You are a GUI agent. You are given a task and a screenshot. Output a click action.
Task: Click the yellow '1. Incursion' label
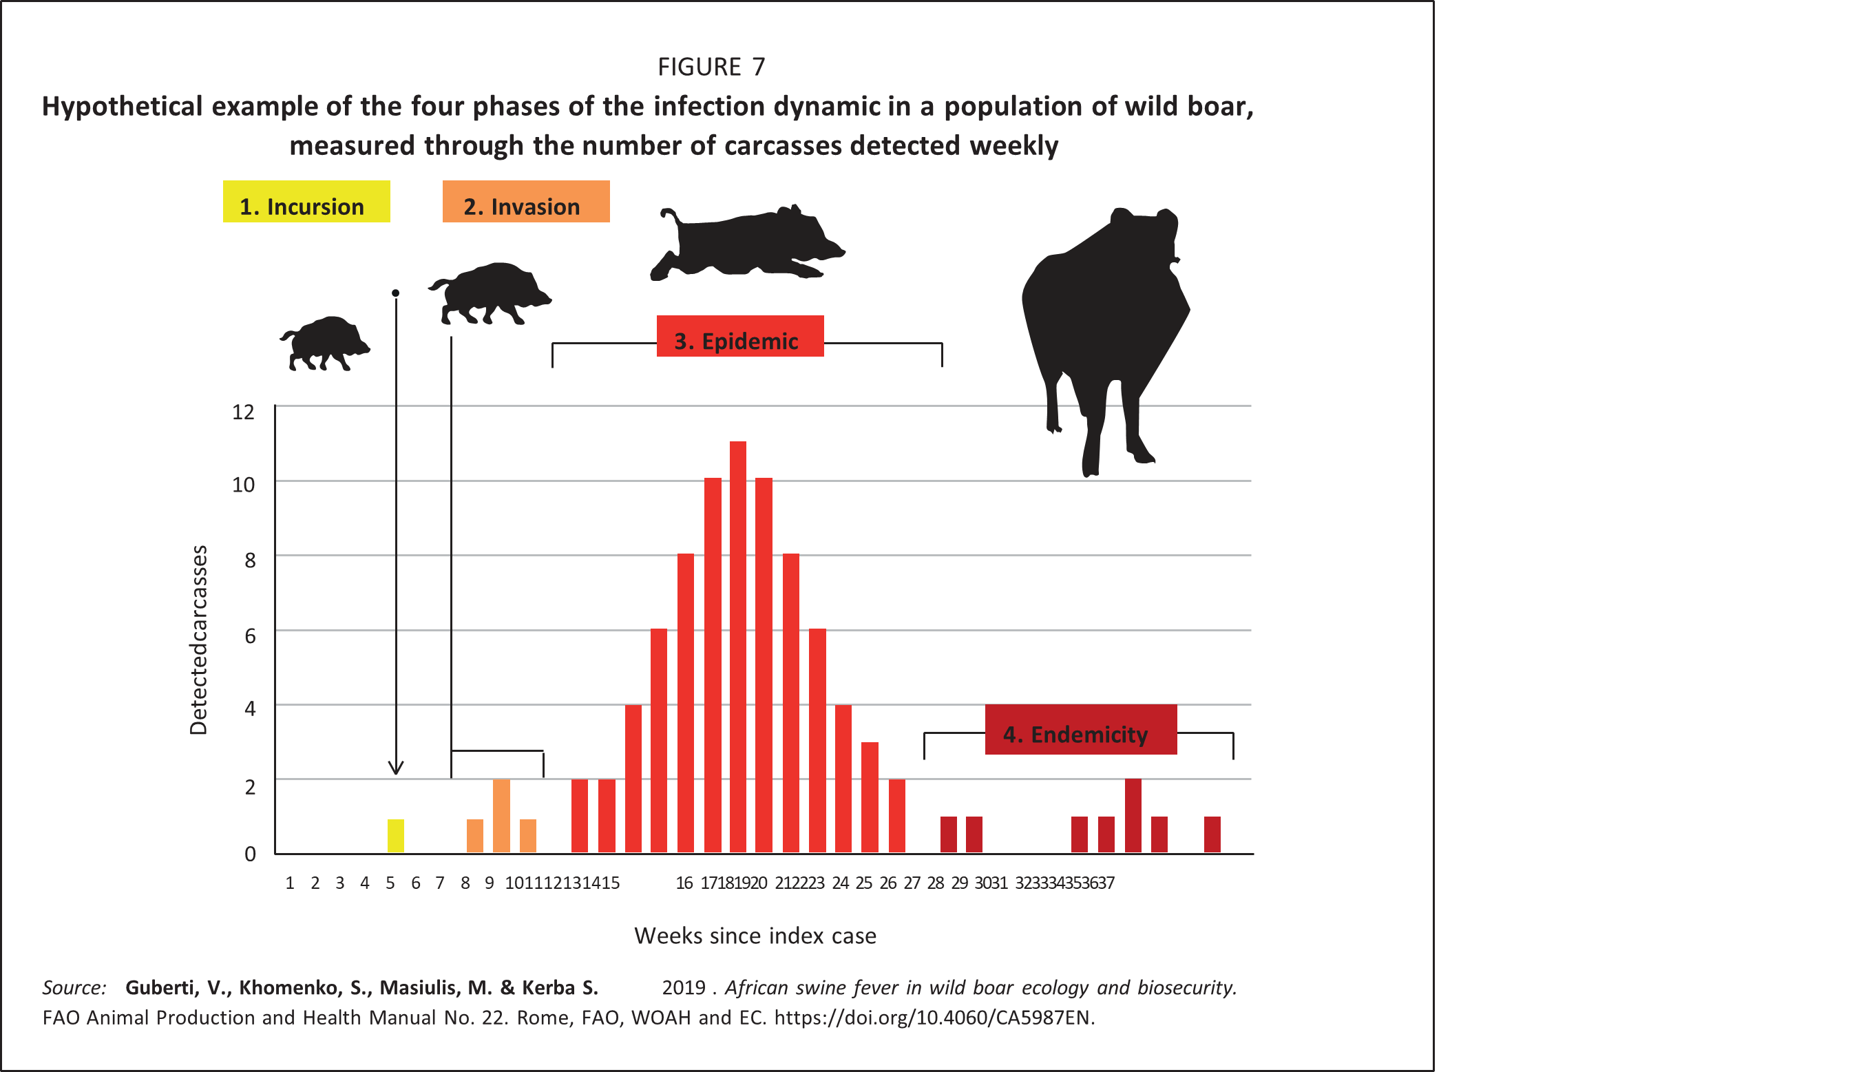tap(306, 202)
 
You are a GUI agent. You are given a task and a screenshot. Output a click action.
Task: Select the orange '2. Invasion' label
tap(525, 202)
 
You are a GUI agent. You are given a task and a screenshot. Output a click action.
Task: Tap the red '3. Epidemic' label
tap(739, 337)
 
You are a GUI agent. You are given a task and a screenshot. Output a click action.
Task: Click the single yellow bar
tap(396, 836)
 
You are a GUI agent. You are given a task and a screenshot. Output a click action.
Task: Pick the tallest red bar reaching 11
tap(738, 646)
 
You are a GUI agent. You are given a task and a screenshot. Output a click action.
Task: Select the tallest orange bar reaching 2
tap(501, 815)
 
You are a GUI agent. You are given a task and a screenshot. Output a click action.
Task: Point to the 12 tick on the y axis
tap(244, 411)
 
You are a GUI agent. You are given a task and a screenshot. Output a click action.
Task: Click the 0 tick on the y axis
tap(251, 854)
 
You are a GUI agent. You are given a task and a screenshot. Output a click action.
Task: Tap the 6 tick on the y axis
tap(251, 635)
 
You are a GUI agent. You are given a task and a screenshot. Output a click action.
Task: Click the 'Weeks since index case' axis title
tap(755, 936)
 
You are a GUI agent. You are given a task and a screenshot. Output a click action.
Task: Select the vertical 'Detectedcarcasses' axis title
tap(199, 640)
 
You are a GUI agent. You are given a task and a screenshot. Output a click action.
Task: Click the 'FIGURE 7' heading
tap(711, 67)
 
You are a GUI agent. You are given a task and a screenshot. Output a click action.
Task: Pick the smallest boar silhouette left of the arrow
tap(324, 344)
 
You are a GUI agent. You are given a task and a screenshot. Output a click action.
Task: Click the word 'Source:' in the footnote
tap(74, 987)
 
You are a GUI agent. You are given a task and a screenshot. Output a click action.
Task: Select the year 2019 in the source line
tap(684, 987)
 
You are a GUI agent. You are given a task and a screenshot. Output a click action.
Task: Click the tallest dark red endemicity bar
tap(1133, 815)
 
